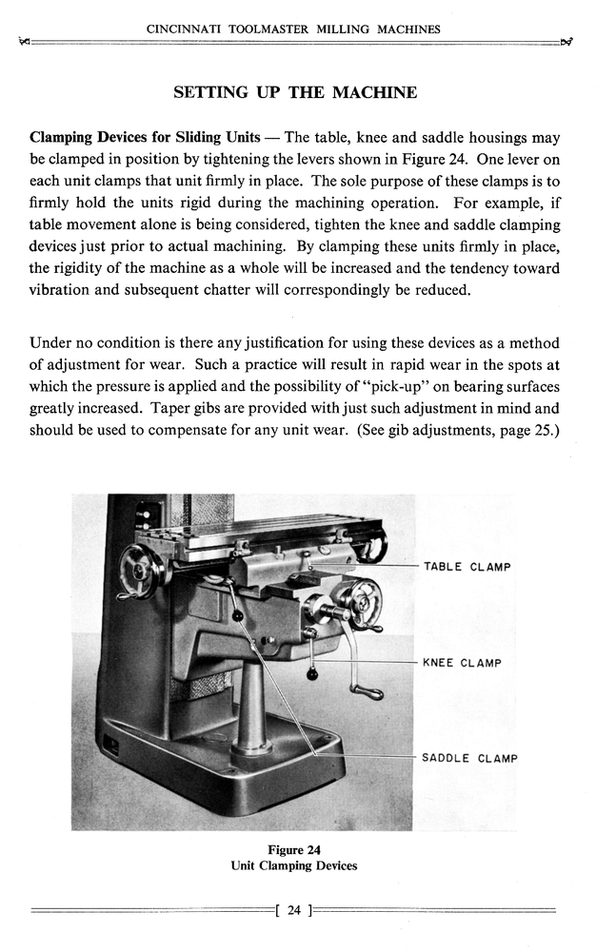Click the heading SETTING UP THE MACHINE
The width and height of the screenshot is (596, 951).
[x=295, y=93]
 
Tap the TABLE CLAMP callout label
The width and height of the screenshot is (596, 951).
[x=467, y=567]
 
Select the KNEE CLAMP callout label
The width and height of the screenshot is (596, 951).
[x=462, y=663]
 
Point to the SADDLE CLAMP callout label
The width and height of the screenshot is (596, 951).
[x=469, y=759]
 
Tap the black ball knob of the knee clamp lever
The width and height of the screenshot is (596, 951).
[x=311, y=675]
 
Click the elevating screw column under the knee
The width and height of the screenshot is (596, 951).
[x=252, y=704]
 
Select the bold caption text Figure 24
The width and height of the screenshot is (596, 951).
[x=293, y=849]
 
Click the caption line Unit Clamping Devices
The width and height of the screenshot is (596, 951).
[x=293, y=865]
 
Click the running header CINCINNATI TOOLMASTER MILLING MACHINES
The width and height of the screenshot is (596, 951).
[x=293, y=29]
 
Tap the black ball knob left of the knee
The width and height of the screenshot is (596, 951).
[x=237, y=616]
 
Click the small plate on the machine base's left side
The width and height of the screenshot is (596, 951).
[x=110, y=747]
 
